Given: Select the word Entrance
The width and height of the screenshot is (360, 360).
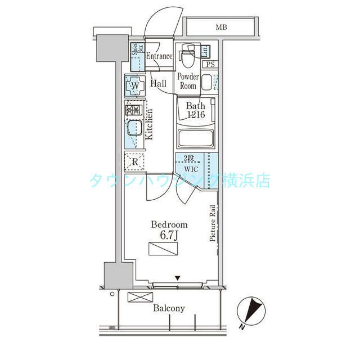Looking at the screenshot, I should (159, 56).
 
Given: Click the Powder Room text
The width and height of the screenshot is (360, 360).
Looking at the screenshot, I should (187, 81).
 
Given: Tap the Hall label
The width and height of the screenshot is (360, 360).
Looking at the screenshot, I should (158, 83).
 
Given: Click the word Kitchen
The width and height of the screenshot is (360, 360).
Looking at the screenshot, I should (150, 124).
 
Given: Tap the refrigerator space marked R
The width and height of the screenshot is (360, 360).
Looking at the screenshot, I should (135, 161).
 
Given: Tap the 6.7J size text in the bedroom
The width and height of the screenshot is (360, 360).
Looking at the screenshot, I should (168, 235).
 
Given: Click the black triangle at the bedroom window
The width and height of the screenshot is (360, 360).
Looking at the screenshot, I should (178, 277).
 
